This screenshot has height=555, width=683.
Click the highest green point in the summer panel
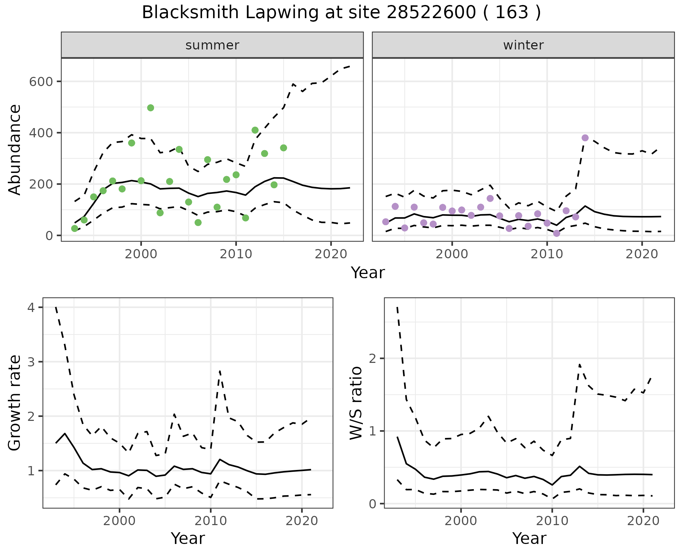(x=150, y=108)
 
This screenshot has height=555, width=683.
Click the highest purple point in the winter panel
(x=585, y=138)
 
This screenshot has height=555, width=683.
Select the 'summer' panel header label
(x=212, y=45)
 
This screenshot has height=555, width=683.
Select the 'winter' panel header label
(x=523, y=45)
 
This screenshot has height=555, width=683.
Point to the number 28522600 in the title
(x=431, y=13)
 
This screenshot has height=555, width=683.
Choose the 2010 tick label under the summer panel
(x=236, y=254)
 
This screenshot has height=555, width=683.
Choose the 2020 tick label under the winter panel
(x=642, y=254)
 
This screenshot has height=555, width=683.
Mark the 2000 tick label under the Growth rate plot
(x=120, y=521)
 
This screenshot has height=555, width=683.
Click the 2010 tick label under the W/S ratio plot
(x=552, y=521)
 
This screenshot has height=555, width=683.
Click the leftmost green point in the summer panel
(x=74, y=228)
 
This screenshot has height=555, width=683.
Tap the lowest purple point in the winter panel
(x=557, y=233)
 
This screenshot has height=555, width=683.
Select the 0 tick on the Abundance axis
(x=49, y=236)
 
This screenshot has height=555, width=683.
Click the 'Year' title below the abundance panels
(x=368, y=273)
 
